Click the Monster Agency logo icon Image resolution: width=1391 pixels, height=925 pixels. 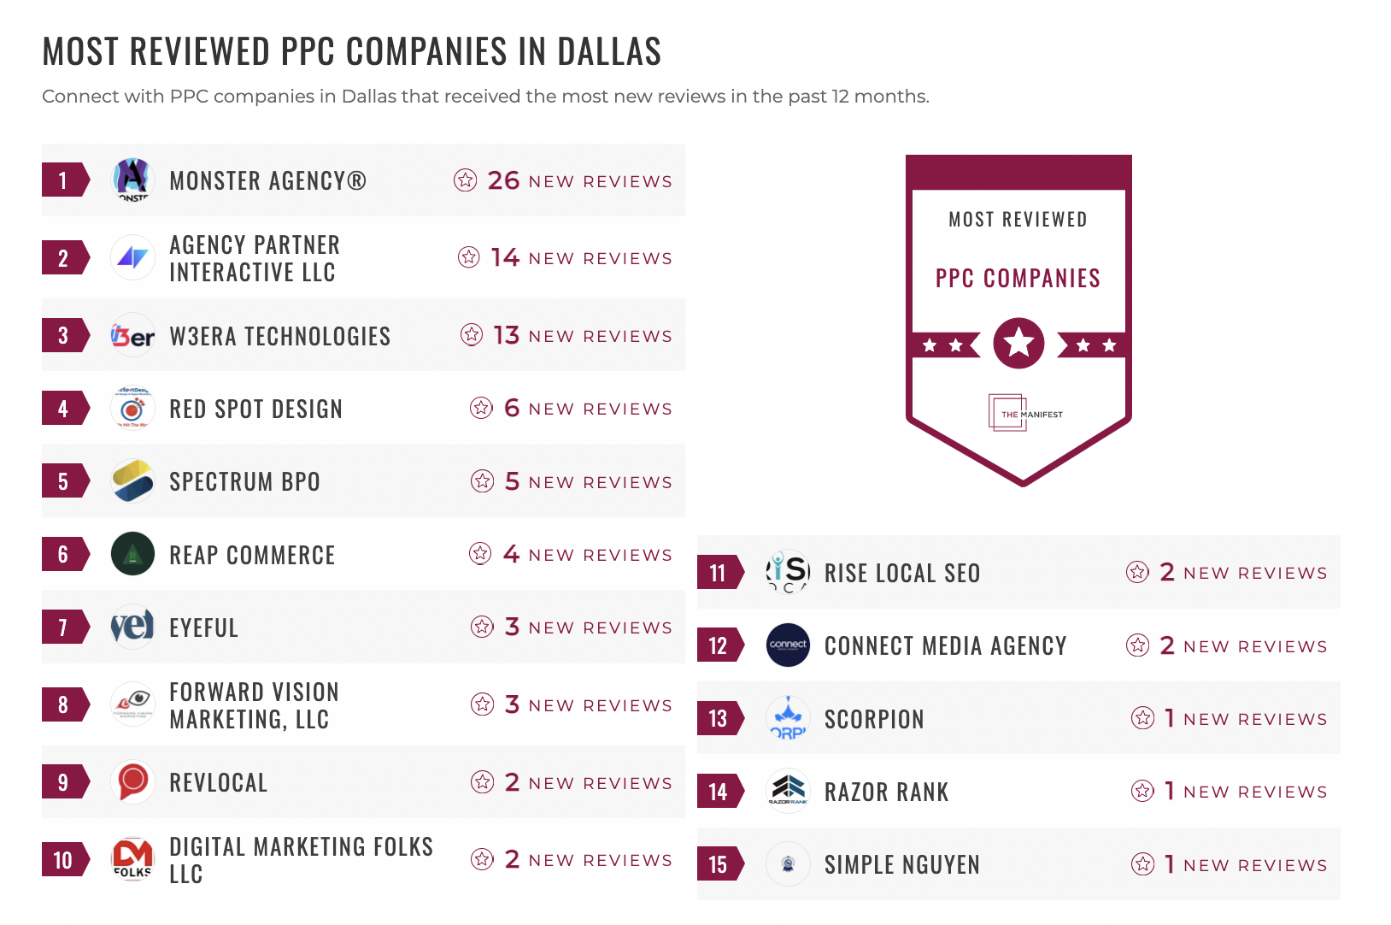tap(132, 180)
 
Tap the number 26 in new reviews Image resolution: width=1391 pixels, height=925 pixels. tap(503, 180)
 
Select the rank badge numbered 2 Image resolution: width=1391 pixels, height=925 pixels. tap(64, 258)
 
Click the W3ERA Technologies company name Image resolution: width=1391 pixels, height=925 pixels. tap(279, 336)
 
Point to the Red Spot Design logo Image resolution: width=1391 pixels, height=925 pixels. tap(132, 409)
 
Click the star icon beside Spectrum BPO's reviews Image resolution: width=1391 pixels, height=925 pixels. tap(482, 481)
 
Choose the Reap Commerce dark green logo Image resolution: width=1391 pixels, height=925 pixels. tap(132, 554)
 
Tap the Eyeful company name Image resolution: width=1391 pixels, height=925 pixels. tap(203, 627)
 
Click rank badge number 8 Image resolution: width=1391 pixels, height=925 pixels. tap(64, 704)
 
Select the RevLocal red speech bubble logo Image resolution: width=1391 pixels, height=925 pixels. tap(132, 781)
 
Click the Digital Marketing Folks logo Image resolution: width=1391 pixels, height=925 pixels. tap(132, 858)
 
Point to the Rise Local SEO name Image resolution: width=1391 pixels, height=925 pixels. tap(901, 573)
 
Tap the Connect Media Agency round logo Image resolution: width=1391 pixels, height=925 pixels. tap(788, 645)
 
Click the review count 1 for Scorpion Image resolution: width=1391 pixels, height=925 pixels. tap(1169, 718)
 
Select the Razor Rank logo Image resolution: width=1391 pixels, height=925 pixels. tap(788, 791)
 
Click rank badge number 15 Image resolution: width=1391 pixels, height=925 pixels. tap(719, 864)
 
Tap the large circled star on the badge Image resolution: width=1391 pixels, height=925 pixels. tap(1018, 344)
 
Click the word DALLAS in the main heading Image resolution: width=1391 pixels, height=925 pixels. tap(609, 52)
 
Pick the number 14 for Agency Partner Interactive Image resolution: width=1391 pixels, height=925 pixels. tap(505, 257)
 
